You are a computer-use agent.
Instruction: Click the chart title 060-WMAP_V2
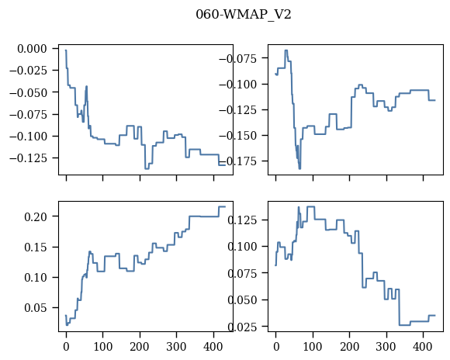click(244, 15)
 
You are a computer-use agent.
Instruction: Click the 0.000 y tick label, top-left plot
click(32, 49)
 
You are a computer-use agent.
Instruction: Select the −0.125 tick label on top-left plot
click(28, 158)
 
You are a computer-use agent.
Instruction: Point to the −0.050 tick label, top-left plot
click(28, 92)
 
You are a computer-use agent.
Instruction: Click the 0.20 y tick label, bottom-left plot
click(36, 216)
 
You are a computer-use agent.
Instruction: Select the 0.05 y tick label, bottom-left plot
click(36, 308)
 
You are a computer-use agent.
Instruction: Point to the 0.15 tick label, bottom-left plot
click(36, 247)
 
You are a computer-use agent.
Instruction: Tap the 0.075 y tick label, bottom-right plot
click(242, 273)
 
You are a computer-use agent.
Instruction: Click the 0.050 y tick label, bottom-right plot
click(242, 300)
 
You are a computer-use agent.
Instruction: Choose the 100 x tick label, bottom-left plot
click(103, 347)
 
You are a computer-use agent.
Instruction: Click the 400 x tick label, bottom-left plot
click(213, 347)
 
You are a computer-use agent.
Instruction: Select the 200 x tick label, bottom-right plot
click(350, 347)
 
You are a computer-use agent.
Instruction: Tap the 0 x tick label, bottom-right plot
click(276, 347)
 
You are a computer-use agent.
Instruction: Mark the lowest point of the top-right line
click(299, 169)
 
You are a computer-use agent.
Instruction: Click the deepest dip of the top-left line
click(147, 169)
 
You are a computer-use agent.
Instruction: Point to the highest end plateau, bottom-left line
click(222, 206)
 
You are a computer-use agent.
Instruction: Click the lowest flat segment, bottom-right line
click(405, 325)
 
